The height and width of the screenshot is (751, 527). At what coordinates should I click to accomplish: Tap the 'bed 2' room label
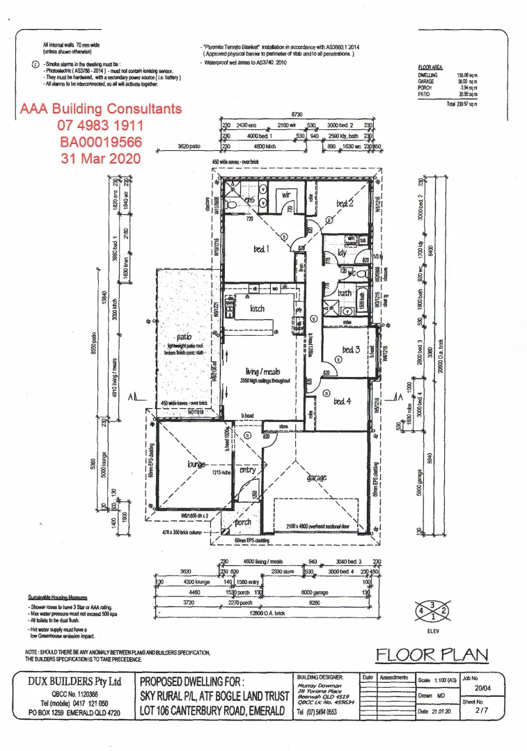pyautogui.click(x=346, y=204)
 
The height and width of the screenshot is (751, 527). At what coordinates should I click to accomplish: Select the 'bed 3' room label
pyautogui.click(x=351, y=350)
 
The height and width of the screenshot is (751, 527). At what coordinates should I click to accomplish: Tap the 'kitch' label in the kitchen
pyautogui.click(x=258, y=308)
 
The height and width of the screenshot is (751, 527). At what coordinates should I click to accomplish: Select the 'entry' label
pyautogui.click(x=247, y=471)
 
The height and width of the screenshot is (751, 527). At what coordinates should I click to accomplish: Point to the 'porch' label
pyautogui.click(x=243, y=523)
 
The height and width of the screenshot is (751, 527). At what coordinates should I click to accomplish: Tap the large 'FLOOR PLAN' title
pyautogui.click(x=432, y=654)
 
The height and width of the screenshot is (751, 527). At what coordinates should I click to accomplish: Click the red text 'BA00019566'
pyautogui.click(x=101, y=142)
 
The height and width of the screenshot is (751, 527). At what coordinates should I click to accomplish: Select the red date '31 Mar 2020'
pyautogui.click(x=101, y=158)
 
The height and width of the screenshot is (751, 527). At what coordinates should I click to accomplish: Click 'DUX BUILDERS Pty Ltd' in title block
pyautogui.click(x=74, y=681)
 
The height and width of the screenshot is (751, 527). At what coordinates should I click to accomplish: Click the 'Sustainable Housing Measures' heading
pyautogui.click(x=58, y=597)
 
